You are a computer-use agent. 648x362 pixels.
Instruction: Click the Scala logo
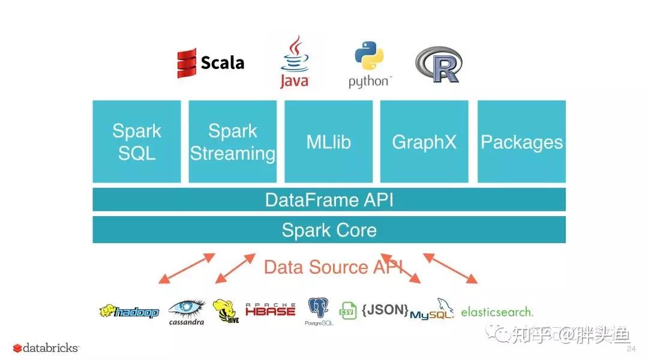[210, 63]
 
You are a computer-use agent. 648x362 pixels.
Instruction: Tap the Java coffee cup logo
[294, 62]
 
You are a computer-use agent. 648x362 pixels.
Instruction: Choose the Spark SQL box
[137, 142]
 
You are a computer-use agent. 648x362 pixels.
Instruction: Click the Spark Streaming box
[233, 142]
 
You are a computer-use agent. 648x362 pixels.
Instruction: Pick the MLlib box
[328, 142]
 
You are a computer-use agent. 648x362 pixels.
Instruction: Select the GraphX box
[424, 142]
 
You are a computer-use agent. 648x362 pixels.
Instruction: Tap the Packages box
[521, 142]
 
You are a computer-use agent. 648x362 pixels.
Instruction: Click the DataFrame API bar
[329, 199]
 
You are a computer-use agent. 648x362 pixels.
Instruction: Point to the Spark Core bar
[329, 230]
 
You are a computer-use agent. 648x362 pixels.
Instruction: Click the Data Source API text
[333, 267]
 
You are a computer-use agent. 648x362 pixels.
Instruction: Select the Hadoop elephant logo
[129, 312]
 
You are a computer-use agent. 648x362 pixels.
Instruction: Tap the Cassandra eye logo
[186, 311]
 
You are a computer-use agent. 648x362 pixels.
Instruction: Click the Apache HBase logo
[271, 310]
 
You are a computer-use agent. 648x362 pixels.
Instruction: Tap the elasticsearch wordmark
[496, 312]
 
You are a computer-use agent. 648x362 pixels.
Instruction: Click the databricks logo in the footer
[46, 348]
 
